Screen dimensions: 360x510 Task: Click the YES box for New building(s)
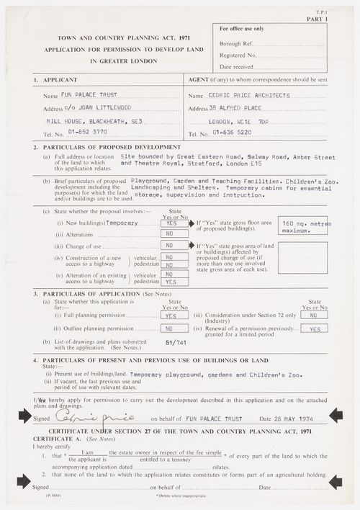click(x=171, y=224)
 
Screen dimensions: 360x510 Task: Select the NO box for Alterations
click(x=171, y=234)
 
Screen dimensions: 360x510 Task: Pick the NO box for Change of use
click(x=171, y=245)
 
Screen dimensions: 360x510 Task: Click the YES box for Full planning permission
click(x=171, y=316)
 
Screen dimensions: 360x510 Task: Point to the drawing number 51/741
click(x=176, y=344)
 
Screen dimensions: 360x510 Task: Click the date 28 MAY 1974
click(x=292, y=417)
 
